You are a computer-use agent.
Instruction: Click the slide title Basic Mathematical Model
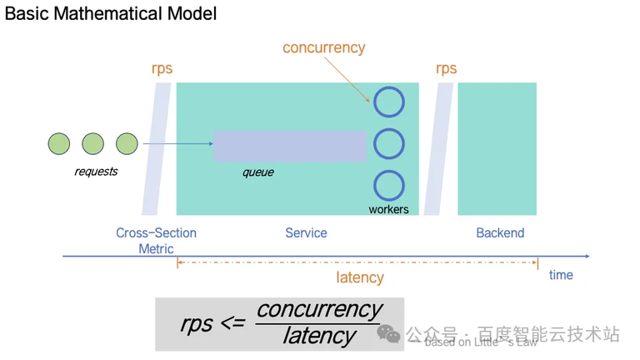(111, 14)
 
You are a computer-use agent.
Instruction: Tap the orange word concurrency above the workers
(323, 47)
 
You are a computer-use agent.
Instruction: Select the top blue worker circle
(388, 102)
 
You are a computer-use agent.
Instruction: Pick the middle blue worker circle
(388, 143)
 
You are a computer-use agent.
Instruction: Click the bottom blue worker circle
(388, 185)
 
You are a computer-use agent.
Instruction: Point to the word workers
(388, 209)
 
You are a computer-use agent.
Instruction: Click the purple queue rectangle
(289, 146)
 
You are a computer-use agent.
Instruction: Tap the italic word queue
(257, 172)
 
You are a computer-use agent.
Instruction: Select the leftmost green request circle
(59, 143)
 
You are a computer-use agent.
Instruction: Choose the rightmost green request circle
(127, 143)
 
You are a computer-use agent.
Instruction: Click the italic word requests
(96, 172)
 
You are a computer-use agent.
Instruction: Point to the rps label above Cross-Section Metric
(162, 68)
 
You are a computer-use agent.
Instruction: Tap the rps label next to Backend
(446, 68)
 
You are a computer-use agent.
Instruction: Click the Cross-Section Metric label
(156, 240)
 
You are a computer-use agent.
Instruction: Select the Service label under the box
(306, 233)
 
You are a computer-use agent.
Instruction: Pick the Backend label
(500, 233)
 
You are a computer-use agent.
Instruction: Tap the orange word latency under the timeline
(359, 277)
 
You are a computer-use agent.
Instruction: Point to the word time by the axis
(561, 275)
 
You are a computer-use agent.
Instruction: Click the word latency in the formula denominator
(319, 336)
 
